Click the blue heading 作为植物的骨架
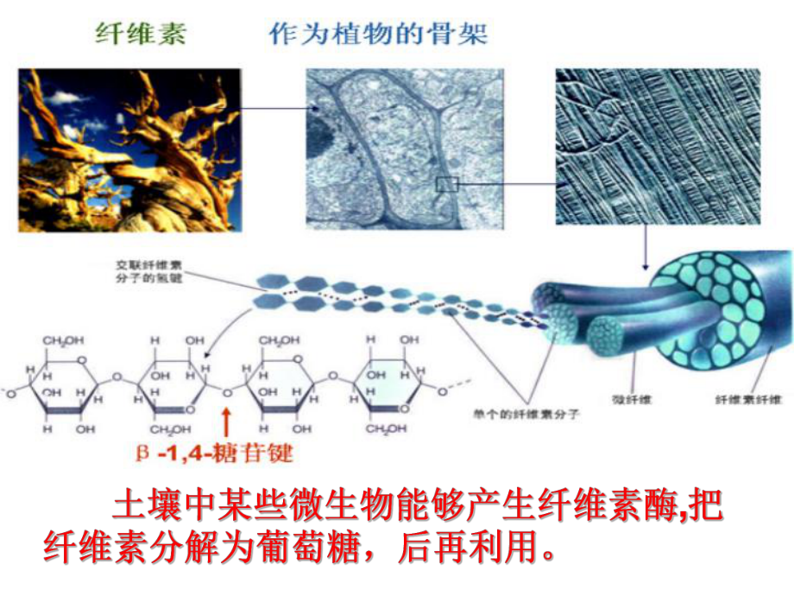click(x=379, y=35)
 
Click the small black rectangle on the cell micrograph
click(x=446, y=182)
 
